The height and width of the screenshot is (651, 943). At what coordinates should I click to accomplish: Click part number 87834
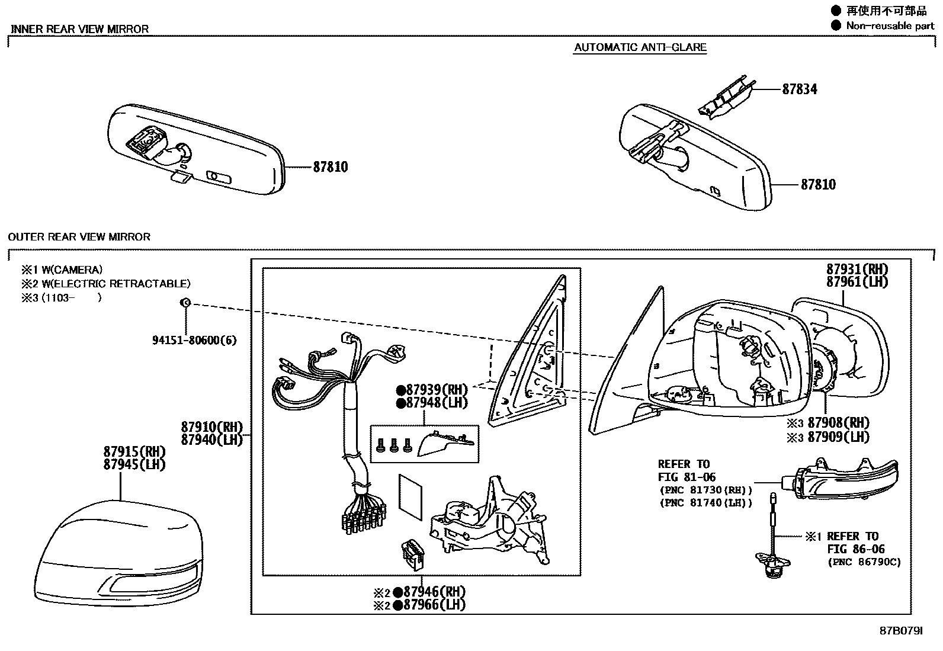click(799, 89)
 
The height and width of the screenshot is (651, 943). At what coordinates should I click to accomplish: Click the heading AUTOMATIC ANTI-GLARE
click(640, 47)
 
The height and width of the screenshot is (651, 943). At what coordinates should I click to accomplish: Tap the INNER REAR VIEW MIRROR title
click(79, 29)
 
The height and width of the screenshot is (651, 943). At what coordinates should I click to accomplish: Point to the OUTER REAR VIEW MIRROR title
click(79, 237)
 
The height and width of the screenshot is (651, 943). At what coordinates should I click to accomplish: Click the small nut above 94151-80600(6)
click(185, 303)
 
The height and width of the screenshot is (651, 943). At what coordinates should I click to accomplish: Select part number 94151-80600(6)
click(194, 341)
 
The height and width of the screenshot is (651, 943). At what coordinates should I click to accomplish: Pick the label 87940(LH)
click(212, 440)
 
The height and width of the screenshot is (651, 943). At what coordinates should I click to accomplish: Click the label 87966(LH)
click(434, 605)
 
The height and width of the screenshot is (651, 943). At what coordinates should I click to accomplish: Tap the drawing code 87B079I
click(901, 631)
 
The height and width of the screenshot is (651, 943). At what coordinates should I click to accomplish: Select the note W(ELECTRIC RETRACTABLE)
click(116, 284)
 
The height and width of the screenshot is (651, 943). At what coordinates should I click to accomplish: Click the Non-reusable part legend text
click(890, 25)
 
